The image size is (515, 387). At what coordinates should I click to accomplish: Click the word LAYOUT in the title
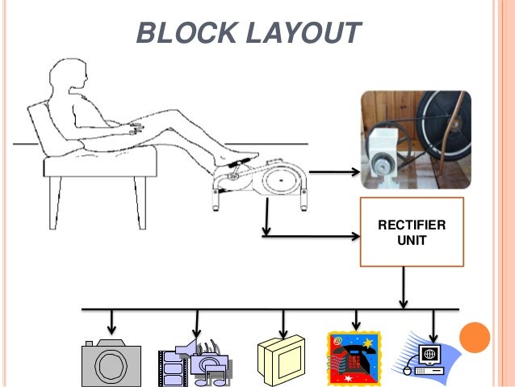pos(302,34)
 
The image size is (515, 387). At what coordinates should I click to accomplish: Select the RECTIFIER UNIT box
pos(412,232)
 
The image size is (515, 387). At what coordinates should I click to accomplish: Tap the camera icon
pos(111,364)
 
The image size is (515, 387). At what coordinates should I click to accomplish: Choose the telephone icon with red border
pos(352,359)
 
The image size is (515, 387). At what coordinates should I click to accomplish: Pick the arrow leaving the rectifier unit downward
pos(403,287)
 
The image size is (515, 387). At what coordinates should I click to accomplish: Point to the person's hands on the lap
pos(134,128)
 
